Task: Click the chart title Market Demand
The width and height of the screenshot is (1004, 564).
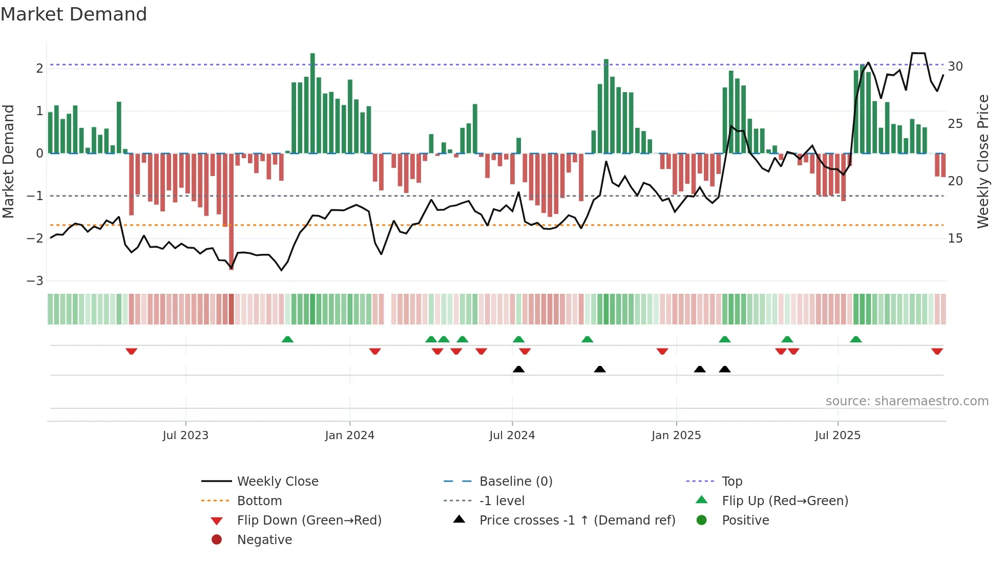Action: point(74,14)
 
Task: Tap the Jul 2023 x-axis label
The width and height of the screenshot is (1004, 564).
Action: point(185,436)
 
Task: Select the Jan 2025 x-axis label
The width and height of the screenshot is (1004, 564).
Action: point(676,436)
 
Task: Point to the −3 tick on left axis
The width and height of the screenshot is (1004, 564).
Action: point(35,281)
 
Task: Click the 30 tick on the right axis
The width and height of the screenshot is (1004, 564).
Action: point(955,67)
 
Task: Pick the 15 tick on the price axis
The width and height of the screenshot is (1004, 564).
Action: point(955,238)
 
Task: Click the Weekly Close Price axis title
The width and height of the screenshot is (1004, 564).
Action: point(982,161)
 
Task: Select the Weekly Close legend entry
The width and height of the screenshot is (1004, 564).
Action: point(277,482)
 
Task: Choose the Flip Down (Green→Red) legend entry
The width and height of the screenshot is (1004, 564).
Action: point(309,520)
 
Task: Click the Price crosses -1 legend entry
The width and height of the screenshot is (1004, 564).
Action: point(577,520)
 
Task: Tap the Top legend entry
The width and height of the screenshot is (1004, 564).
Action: point(732,482)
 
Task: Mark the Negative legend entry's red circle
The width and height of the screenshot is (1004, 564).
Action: point(217,540)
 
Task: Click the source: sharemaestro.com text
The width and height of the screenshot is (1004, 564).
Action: point(907,401)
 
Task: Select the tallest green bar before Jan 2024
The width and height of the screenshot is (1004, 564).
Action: point(312,102)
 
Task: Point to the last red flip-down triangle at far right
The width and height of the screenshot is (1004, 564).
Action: point(937,352)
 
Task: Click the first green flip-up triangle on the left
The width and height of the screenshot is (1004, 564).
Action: point(287,339)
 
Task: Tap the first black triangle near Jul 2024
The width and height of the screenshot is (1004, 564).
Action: point(518,369)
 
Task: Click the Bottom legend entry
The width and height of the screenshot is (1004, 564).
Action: point(259,501)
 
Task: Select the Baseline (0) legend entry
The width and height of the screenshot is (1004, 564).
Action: point(515,482)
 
